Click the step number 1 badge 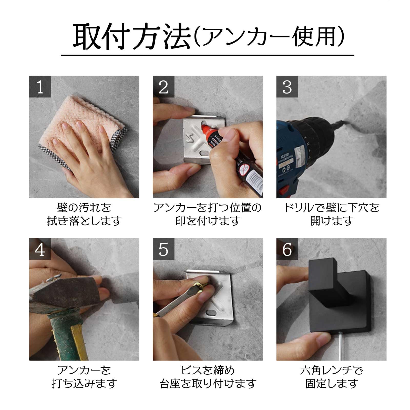click(40, 87)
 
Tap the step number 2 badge click(163, 87)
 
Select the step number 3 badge click(287, 87)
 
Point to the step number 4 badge click(40, 249)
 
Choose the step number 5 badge click(163, 249)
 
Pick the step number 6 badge click(287, 249)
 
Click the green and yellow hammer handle click(67, 333)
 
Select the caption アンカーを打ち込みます click(84, 377)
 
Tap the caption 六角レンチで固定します click(332, 377)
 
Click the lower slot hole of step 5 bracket click(212, 313)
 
